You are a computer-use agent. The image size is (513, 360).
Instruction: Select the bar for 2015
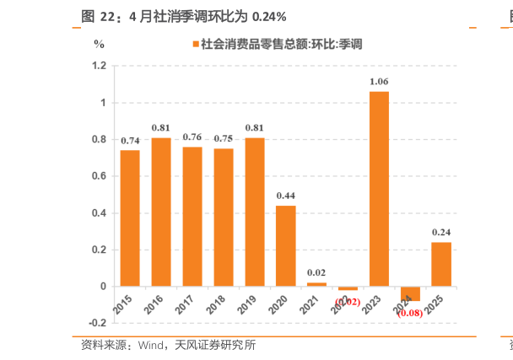point(130,218)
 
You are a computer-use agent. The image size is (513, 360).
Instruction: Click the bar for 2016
point(161,212)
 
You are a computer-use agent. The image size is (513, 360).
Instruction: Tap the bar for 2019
point(255,212)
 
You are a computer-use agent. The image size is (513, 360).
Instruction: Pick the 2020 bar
point(286,245)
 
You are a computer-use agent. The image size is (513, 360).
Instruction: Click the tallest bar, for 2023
point(379,189)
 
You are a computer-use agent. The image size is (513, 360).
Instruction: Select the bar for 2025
point(441,264)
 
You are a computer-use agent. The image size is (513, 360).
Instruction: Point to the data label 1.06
point(379,82)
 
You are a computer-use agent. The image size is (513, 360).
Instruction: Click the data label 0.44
point(286,196)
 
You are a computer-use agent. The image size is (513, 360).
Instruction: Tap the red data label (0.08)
point(410,313)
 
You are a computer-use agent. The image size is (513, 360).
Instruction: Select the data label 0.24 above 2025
point(441,233)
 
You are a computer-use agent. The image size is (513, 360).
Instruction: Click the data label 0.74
point(130,141)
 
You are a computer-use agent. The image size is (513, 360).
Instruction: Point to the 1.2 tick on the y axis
point(99,66)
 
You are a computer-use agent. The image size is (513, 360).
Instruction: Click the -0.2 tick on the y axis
point(97,323)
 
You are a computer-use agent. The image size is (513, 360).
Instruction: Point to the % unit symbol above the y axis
point(99,41)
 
